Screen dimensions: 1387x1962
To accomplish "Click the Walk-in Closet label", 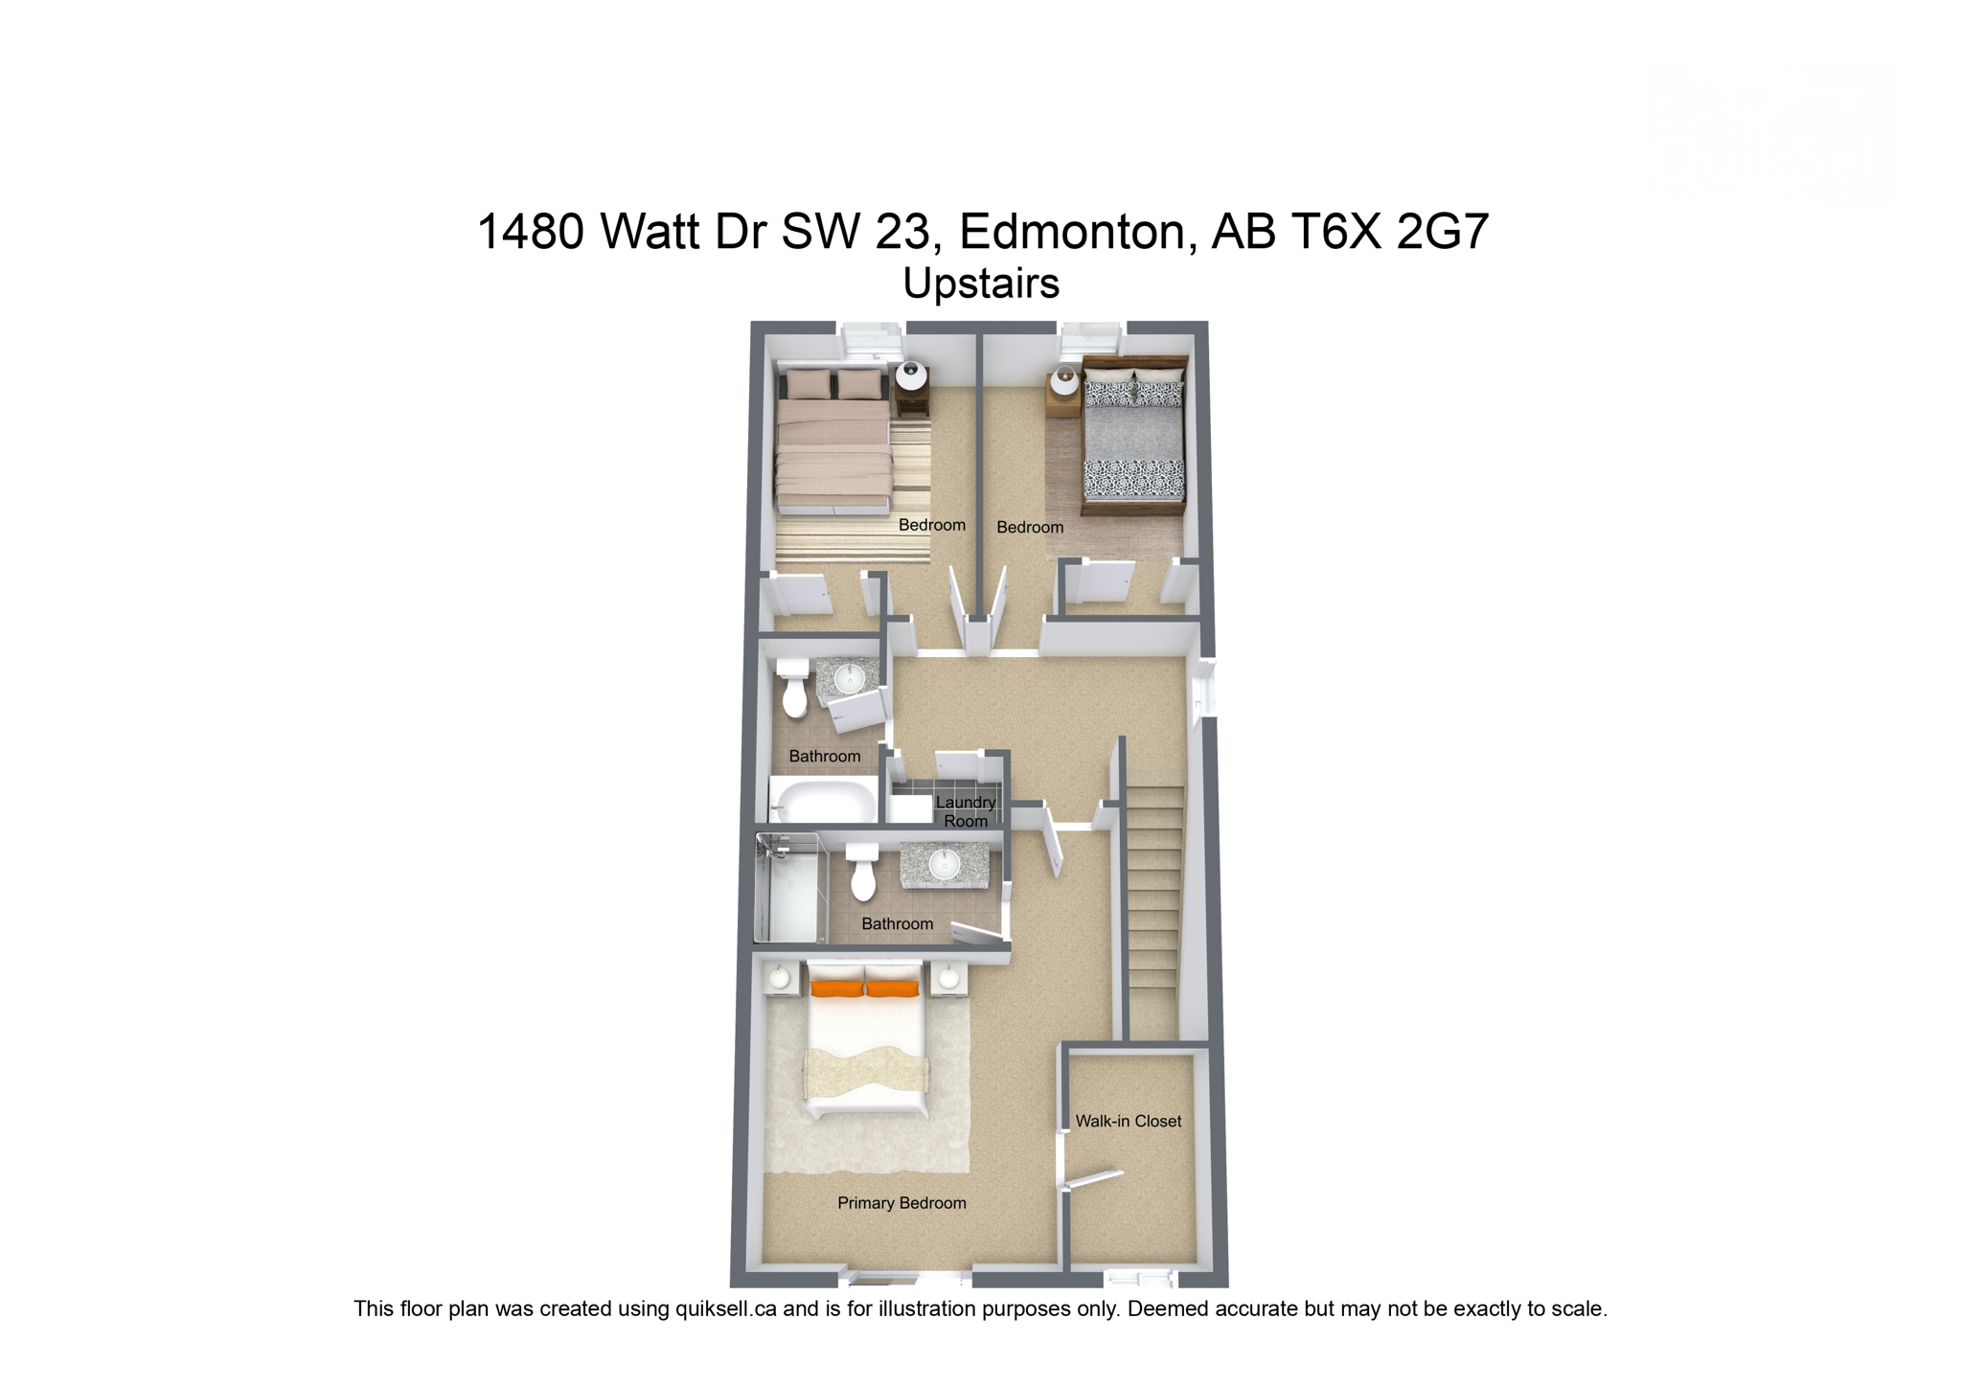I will click(x=1128, y=1121).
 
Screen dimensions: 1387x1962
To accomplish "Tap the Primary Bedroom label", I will click(x=901, y=1203).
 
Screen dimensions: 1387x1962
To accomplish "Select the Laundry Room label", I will click(x=966, y=811).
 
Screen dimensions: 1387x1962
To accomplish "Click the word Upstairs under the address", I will click(x=981, y=283).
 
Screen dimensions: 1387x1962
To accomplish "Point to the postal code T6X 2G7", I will click(x=1389, y=232).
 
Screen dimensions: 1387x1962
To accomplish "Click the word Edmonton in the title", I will click(x=1071, y=232).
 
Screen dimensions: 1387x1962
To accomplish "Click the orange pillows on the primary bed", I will click(x=865, y=987).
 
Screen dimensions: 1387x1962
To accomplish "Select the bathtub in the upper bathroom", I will click(x=825, y=800).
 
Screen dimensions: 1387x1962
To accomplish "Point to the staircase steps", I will click(x=1154, y=910).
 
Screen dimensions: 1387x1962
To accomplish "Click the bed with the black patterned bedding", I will click(x=1134, y=436).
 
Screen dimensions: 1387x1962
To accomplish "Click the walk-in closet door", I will click(x=1092, y=1179).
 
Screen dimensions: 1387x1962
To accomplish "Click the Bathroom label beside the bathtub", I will click(x=824, y=757).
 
